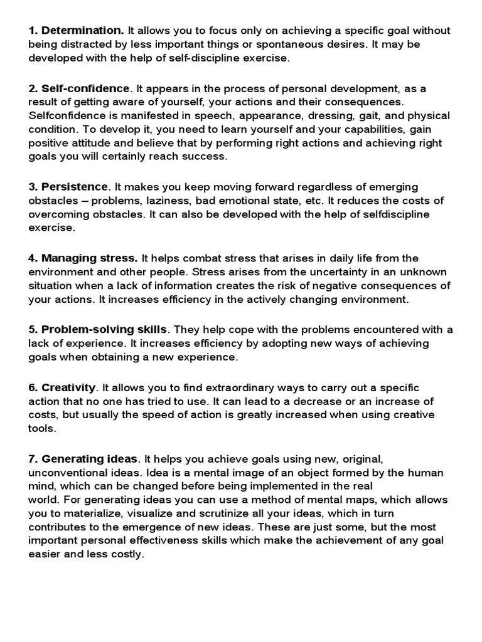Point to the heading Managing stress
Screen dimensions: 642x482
(x=89, y=258)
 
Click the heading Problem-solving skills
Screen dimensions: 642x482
(x=104, y=329)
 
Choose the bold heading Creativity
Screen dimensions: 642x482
(x=68, y=387)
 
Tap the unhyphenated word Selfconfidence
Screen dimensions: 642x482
(x=65, y=116)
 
